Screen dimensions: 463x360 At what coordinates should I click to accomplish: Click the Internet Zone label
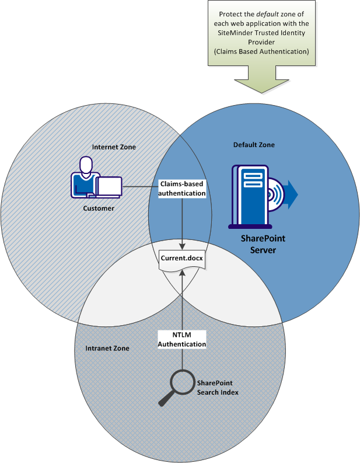[114, 147]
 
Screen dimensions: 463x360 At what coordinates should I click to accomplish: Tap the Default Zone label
[254, 144]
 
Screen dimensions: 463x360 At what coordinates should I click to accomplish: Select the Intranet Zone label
[103, 348]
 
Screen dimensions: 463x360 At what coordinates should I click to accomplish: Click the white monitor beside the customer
[110, 186]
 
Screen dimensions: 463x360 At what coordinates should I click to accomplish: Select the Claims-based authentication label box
[183, 188]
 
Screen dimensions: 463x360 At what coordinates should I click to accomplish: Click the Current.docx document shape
[182, 258]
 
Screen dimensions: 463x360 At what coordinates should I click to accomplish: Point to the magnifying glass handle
[166, 399]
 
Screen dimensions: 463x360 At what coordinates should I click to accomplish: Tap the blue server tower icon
[250, 196]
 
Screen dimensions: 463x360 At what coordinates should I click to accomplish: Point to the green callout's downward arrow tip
[265, 92]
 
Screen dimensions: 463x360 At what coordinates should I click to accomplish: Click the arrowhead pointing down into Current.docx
[183, 246]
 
